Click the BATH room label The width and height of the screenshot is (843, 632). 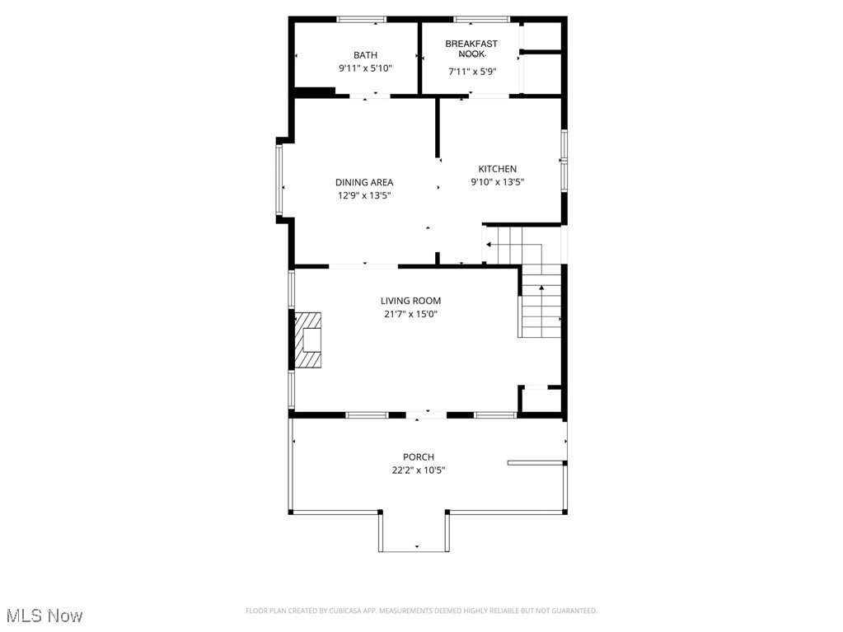(x=365, y=55)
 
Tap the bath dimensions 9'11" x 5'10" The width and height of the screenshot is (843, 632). (x=365, y=68)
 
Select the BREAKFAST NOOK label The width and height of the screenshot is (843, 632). (x=471, y=49)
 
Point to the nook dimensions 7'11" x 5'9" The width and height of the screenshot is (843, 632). (x=471, y=72)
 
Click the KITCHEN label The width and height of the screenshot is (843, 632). (x=497, y=169)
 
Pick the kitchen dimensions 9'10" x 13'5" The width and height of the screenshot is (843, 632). (x=497, y=182)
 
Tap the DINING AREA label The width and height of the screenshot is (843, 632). (x=364, y=182)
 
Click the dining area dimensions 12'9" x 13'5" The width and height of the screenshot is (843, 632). (x=364, y=195)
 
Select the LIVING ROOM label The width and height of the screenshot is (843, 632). (x=410, y=301)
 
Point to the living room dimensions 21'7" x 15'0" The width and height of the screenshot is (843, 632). (x=410, y=314)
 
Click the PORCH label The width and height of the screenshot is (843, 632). (x=419, y=457)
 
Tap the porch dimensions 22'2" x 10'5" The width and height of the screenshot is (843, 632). (x=419, y=470)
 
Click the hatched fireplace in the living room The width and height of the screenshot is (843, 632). (x=309, y=339)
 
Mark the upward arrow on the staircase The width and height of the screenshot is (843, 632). (x=541, y=288)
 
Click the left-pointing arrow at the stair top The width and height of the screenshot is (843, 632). (x=489, y=245)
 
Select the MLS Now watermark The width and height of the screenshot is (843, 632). (x=44, y=616)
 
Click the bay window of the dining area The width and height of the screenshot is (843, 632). (x=279, y=180)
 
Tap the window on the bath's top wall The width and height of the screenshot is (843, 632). (x=362, y=19)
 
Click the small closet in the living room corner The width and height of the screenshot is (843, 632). (x=541, y=400)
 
